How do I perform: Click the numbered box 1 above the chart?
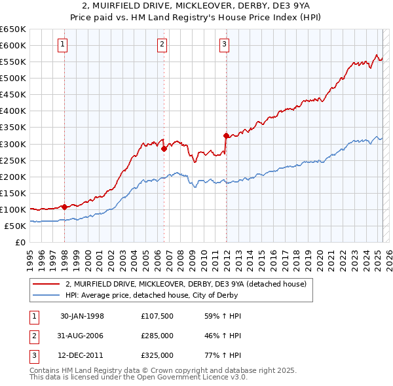(x=62, y=44)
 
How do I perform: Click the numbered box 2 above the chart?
(x=162, y=44)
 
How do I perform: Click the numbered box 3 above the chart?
(x=224, y=44)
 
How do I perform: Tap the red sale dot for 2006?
(x=164, y=149)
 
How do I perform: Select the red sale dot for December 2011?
(x=226, y=135)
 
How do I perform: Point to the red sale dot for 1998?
(x=65, y=207)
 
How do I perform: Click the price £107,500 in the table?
(x=157, y=316)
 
